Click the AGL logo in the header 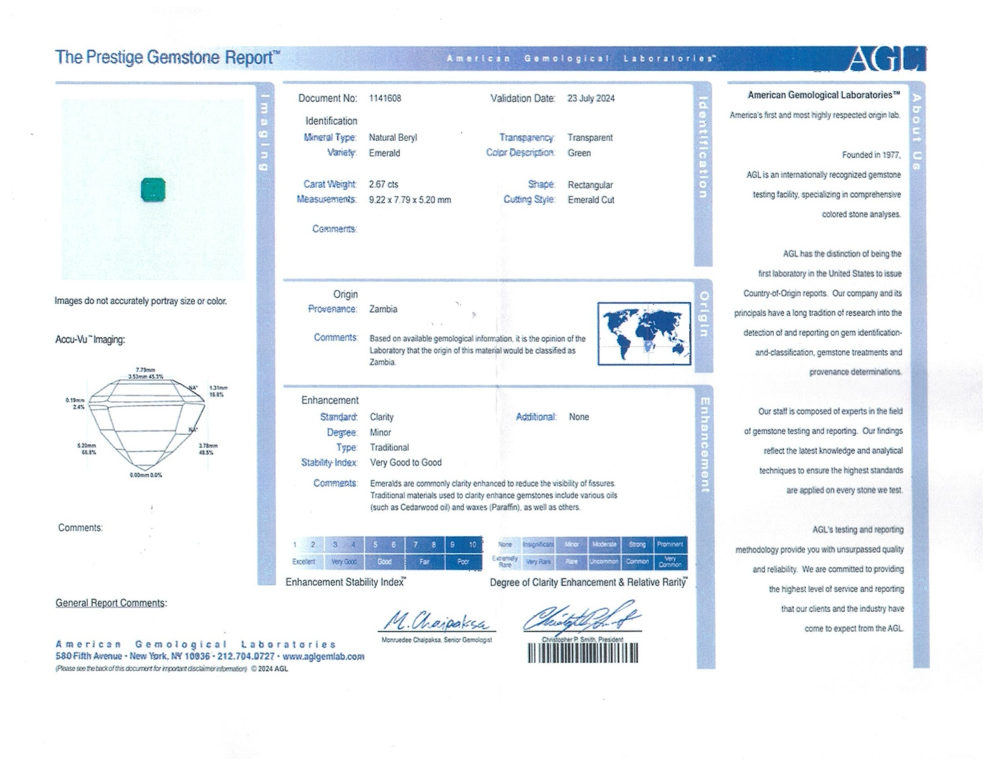[886, 59]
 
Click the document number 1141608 [385, 99]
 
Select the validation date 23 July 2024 [591, 99]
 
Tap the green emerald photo [153, 189]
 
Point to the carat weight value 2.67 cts [383, 184]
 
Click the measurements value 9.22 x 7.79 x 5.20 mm [410, 200]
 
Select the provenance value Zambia [383, 309]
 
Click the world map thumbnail [643, 333]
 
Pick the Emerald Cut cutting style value [591, 200]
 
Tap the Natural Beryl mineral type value [392, 137]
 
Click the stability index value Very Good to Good [406, 462]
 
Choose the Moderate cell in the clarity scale [604, 544]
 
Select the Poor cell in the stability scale [463, 562]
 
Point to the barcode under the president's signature [582, 653]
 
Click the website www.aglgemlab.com [323, 656]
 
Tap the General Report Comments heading [111, 603]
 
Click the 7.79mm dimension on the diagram [145, 370]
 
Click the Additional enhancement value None [579, 417]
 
